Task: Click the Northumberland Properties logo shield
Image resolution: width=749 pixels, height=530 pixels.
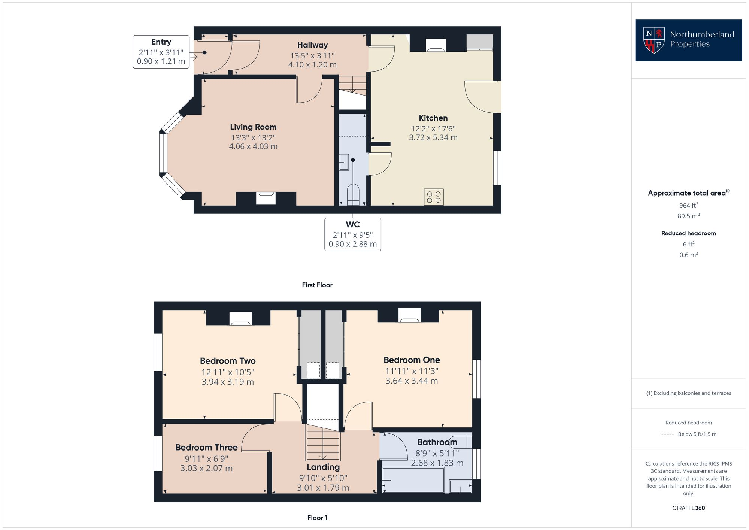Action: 654,40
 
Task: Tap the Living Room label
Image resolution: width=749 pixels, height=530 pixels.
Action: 253,127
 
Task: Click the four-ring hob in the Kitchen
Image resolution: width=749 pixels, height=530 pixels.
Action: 434,197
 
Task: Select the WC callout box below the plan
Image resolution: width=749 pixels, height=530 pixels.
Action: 352,234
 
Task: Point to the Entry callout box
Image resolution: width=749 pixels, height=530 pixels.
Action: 161,52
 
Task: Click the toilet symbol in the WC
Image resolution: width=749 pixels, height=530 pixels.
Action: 353,194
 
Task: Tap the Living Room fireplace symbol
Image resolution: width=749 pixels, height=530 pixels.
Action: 266,198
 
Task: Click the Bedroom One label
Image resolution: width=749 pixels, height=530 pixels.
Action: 412,360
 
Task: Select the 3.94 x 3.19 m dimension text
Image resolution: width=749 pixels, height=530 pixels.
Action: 228,382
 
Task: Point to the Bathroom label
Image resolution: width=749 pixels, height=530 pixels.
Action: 437,442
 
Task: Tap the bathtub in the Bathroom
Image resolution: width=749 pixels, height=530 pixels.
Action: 413,480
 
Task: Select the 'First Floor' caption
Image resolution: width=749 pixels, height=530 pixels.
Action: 317,285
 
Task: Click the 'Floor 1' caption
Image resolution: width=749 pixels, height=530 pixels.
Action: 317,518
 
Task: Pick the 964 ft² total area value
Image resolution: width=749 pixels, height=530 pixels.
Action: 688,205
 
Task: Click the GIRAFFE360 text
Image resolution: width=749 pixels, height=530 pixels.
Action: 688,508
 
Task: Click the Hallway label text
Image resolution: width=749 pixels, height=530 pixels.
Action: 312,45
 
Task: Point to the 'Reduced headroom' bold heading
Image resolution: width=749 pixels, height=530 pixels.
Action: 688,233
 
